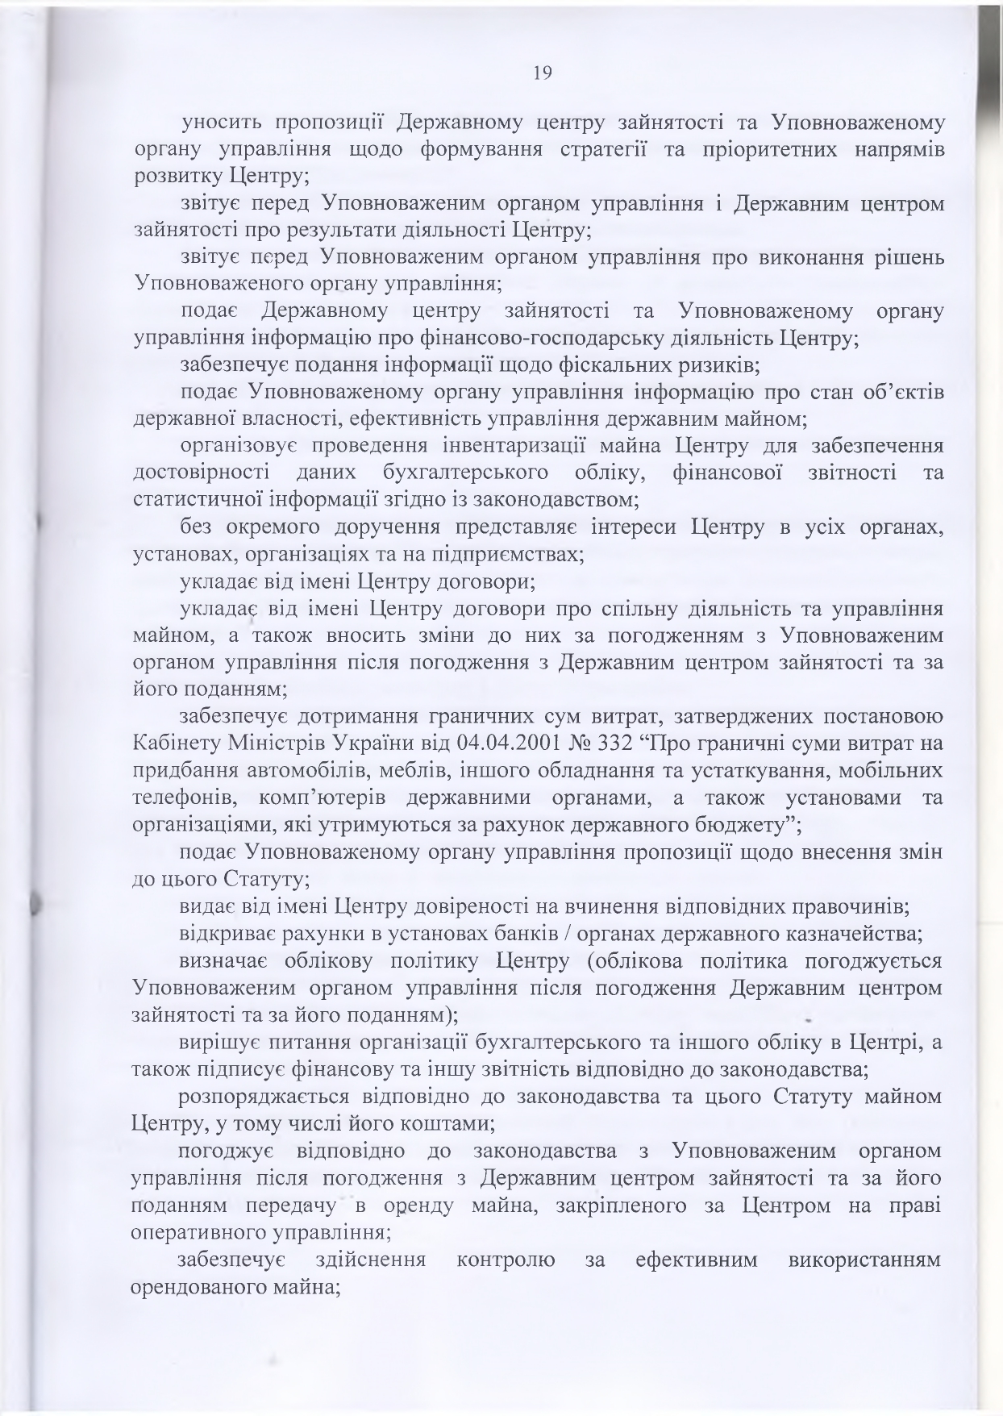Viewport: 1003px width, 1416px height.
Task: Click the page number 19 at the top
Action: coord(542,73)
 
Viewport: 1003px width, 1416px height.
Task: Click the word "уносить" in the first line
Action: coord(218,123)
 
